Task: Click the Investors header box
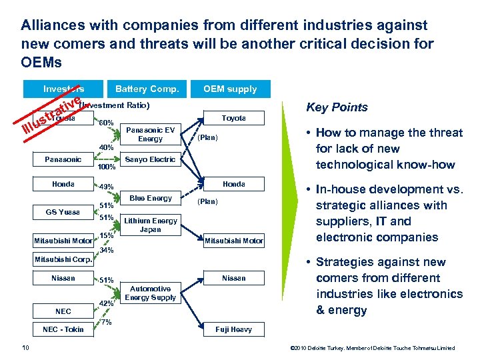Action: coord(64,89)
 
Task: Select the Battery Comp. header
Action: coord(147,89)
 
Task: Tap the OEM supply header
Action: coord(229,89)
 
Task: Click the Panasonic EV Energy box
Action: coord(150,135)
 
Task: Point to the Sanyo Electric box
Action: coord(150,159)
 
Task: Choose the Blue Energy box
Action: coord(150,198)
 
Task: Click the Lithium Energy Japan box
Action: coord(150,225)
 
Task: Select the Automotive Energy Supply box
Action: coord(150,293)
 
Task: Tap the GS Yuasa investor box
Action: coord(63,212)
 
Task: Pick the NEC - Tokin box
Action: coord(63,329)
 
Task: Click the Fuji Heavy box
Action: coord(233,329)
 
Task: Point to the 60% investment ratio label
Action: coord(106,123)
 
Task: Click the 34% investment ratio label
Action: coord(106,251)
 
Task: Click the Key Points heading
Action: coord(337,108)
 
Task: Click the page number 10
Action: coord(25,348)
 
